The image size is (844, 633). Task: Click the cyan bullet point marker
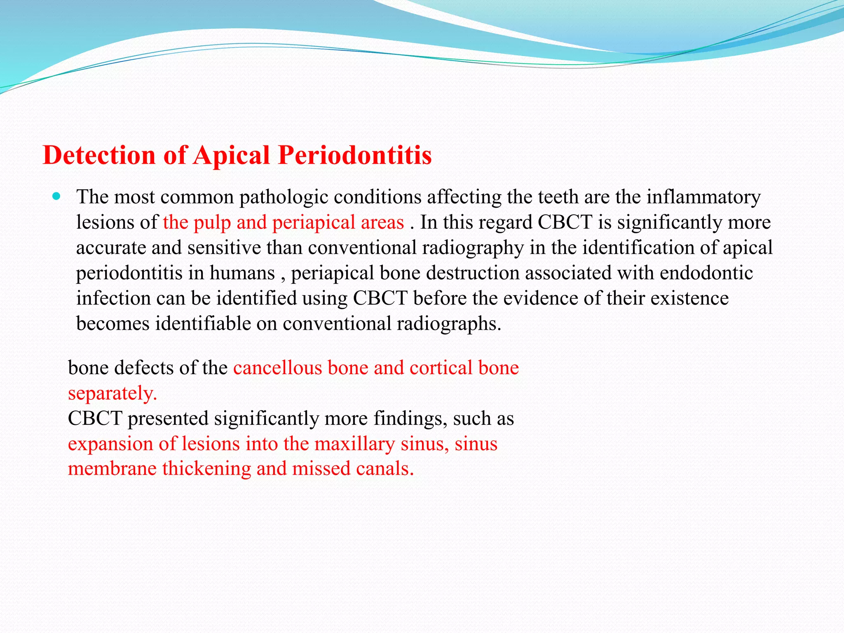(x=57, y=196)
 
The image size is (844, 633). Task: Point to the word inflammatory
(x=703, y=197)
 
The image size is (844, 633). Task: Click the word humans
(x=242, y=273)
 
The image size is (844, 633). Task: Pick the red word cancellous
(x=277, y=368)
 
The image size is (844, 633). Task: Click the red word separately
(x=112, y=393)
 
